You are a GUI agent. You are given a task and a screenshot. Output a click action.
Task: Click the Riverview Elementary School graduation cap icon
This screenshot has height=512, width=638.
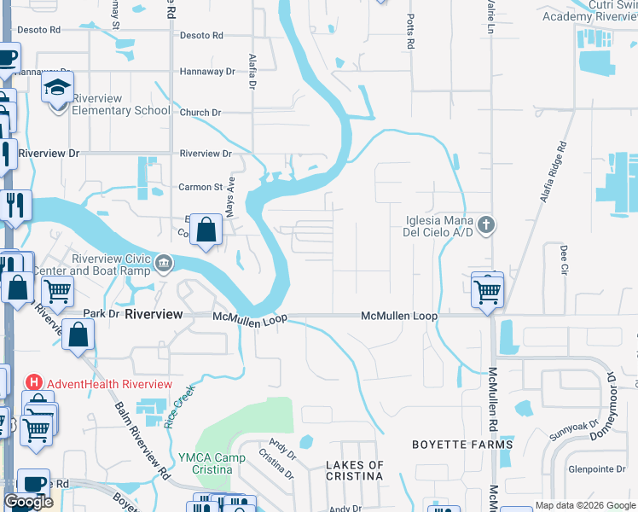pyautogui.click(x=59, y=88)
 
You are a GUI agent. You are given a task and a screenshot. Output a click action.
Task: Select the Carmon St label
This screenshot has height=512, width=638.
pyautogui.click(x=200, y=187)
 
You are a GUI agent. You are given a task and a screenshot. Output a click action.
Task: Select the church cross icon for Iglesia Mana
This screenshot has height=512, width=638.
pyautogui.click(x=485, y=225)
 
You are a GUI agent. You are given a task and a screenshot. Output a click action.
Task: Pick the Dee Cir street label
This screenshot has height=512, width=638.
pyautogui.click(x=564, y=259)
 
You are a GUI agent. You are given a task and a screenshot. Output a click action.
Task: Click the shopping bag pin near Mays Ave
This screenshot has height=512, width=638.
pyautogui.click(x=206, y=230)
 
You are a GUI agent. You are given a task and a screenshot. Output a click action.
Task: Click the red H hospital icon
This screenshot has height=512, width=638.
pyautogui.click(x=35, y=382)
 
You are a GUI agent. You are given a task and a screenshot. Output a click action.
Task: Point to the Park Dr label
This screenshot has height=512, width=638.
pyautogui.click(x=101, y=314)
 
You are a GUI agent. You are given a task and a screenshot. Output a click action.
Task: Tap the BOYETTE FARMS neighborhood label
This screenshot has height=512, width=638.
pyautogui.click(x=462, y=445)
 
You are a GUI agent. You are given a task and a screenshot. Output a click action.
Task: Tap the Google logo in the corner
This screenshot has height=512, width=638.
pyautogui.click(x=29, y=502)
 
